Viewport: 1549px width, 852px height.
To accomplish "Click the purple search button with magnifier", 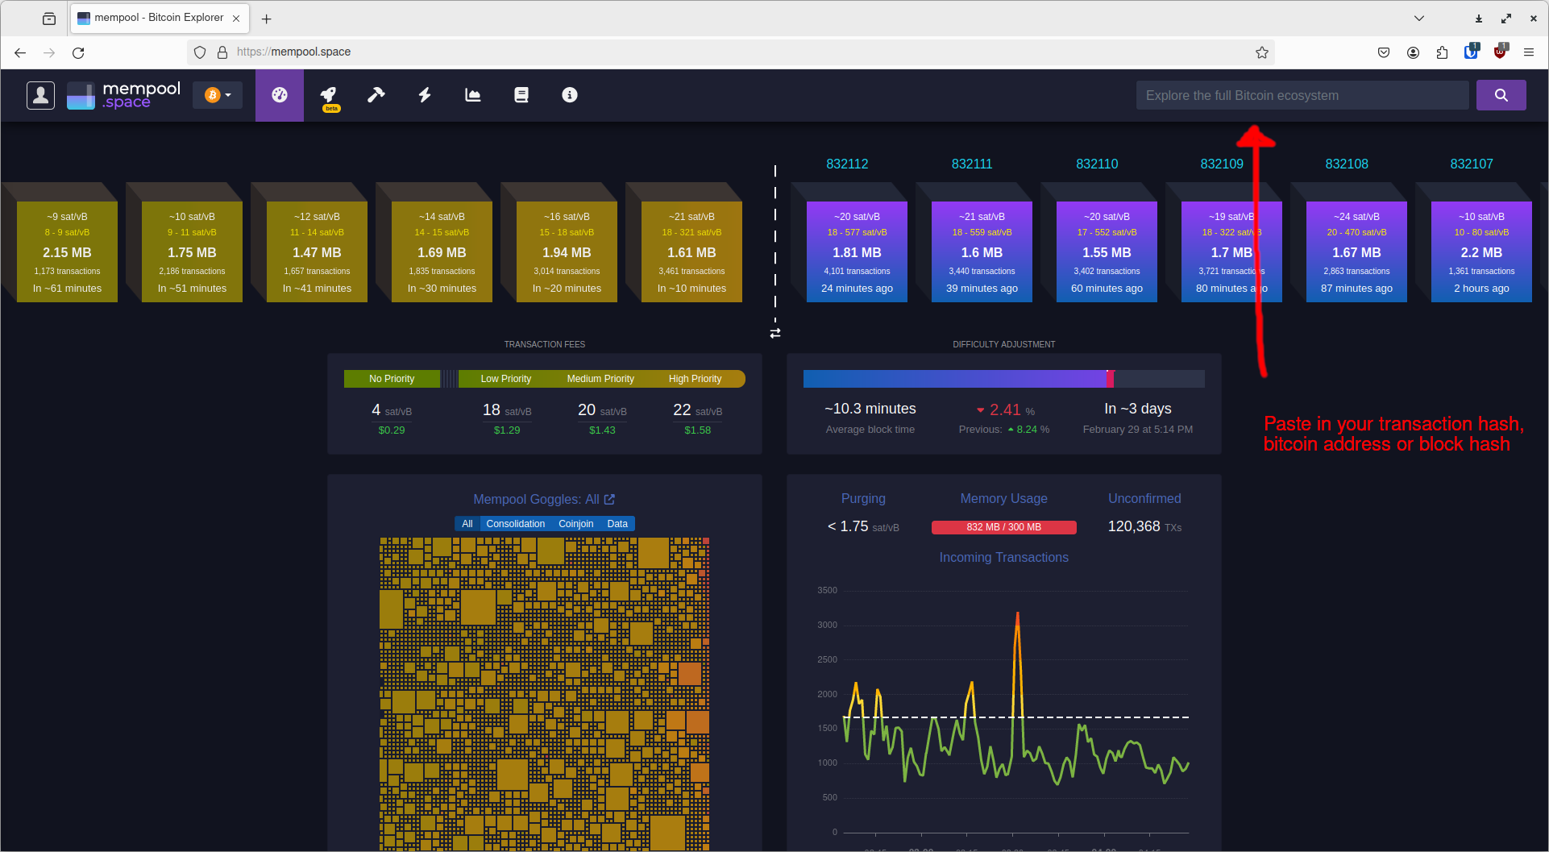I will tap(1501, 95).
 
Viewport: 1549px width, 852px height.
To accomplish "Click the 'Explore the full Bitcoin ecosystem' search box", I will tap(1302, 95).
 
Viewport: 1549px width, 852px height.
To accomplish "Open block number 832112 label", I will tap(847, 164).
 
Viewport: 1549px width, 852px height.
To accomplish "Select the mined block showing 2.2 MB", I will tap(1480, 251).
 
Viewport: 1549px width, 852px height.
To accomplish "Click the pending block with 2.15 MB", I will tap(67, 251).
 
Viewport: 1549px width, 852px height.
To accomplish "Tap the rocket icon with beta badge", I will tap(329, 95).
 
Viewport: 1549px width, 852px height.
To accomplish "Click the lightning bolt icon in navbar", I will tap(425, 95).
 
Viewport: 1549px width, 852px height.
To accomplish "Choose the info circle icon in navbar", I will tap(569, 95).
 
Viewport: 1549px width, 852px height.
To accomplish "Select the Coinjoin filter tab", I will tap(575, 524).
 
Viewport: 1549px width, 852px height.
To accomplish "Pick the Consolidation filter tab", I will tap(515, 524).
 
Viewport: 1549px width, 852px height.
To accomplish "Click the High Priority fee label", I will tap(695, 379).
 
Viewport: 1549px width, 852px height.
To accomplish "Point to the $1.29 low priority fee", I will tap(507, 430).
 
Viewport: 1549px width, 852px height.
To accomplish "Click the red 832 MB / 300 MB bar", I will tap(1003, 527).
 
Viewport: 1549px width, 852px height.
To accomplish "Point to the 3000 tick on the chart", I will tap(827, 625).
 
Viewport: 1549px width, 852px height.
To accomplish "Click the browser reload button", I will tap(78, 52).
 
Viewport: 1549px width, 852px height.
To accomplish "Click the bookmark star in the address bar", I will tap(1261, 52).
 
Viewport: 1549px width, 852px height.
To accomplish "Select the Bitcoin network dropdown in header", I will tap(218, 95).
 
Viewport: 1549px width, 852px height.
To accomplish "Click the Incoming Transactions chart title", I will tap(1003, 558).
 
